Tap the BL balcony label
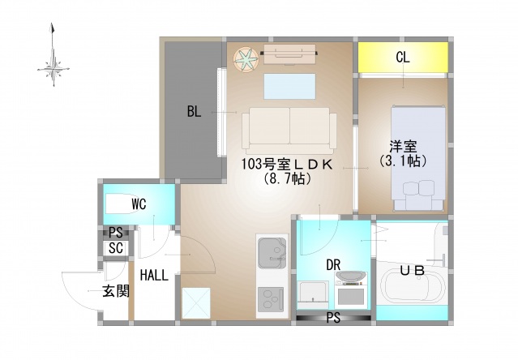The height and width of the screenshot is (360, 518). (x=193, y=112)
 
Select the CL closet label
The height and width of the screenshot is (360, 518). (x=402, y=58)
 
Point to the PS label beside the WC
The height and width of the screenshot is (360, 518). (x=115, y=233)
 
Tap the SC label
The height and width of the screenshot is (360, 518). (x=115, y=248)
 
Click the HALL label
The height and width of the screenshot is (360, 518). (x=153, y=275)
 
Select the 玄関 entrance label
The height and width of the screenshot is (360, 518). (x=115, y=290)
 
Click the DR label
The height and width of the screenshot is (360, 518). (x=333, y=264)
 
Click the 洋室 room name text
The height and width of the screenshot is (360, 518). (x=403, y=147)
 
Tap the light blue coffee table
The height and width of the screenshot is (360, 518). (x=289, y=85)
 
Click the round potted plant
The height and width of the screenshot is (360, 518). (x=246, y=57)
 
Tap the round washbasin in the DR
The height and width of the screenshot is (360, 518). (x=349, y=278)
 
